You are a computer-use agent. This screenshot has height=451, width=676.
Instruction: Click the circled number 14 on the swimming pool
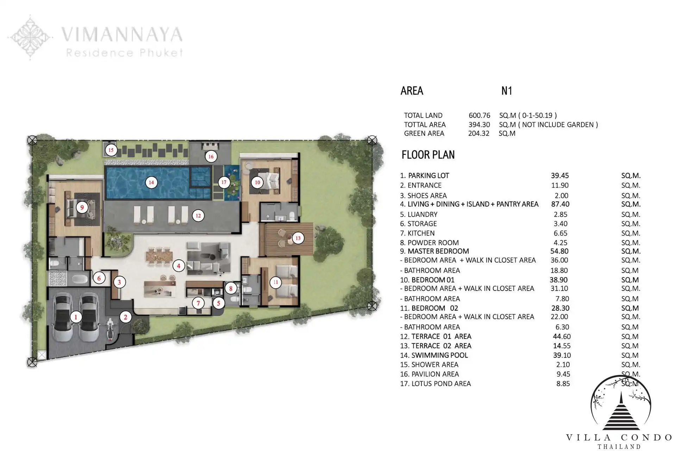151,183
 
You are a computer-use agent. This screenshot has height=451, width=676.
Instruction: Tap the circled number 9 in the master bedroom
82,207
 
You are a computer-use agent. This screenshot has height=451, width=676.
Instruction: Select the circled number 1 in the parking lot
76,317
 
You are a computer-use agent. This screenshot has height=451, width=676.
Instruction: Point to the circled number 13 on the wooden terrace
298,238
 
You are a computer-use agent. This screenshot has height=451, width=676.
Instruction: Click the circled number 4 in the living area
179,266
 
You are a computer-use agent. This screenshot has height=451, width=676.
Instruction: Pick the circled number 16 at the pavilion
211,157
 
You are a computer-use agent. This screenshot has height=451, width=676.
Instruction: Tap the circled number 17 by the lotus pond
224,182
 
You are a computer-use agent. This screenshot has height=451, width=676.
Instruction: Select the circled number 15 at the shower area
111,150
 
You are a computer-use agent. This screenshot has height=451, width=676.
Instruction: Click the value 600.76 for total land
479,115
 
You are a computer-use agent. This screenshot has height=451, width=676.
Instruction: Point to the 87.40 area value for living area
560,204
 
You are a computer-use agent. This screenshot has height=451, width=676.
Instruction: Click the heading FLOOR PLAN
428,155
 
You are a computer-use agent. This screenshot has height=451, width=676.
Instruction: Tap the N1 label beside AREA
507,91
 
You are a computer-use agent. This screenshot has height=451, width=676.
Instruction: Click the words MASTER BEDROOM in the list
438,251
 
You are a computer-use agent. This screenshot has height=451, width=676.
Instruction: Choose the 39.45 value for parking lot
560,175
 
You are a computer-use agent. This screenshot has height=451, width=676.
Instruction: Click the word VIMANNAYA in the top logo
122,35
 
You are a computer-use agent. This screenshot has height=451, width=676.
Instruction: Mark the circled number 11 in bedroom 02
275,282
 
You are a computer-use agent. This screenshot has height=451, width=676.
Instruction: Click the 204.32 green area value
479,134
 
